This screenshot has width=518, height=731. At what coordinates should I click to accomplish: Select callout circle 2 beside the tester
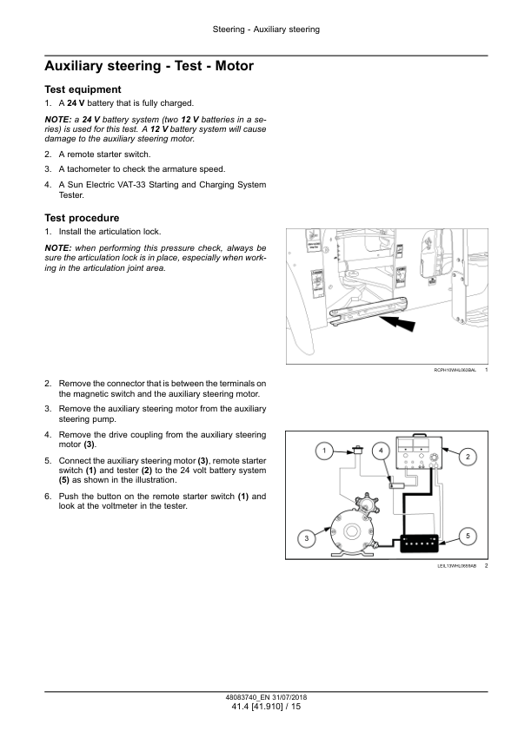pos(467,457)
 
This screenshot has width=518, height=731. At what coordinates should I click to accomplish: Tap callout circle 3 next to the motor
pos(306,539)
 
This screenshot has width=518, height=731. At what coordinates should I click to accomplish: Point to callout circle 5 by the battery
pos(467,537)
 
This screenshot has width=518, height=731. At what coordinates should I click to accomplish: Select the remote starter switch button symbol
pos(357,451)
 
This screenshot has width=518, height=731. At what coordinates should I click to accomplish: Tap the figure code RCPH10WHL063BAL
pos(455,371)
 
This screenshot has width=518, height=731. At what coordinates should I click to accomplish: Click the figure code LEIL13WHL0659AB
pos(457,567)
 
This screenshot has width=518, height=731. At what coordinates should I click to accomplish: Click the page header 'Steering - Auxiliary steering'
pos(266,30)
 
